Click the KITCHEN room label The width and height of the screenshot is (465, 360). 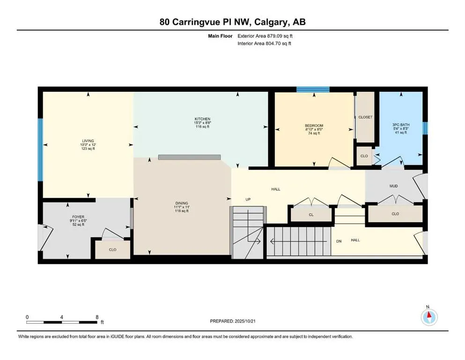point(202,119)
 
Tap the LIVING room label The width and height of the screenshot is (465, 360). point(88,141)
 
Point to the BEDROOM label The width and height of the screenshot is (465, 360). point(314,126)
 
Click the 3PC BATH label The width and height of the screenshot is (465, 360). point(400,125)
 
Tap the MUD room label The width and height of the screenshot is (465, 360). point(393,186)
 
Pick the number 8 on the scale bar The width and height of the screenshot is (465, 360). point(97,317)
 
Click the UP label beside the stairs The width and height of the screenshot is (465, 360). point(249,199)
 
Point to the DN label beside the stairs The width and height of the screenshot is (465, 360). point(339,241)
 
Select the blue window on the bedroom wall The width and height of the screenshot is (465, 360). point(312,89)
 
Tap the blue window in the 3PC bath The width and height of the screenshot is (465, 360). point(425,128)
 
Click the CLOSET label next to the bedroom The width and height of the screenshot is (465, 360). point(365,117)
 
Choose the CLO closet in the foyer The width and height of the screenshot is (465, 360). point(112,250)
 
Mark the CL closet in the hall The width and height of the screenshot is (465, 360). point(311,215)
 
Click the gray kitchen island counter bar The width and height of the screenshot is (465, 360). point(189,157)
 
